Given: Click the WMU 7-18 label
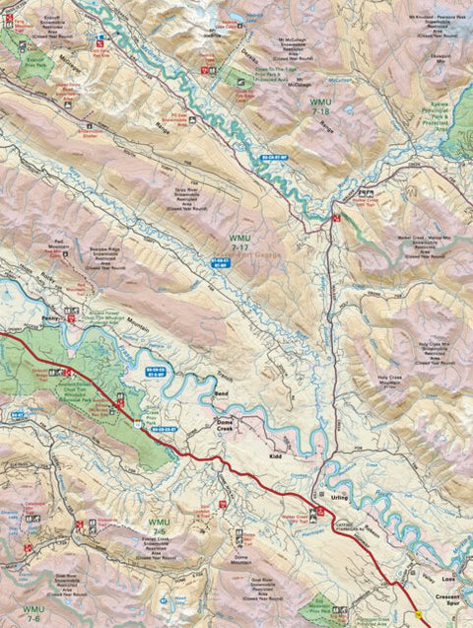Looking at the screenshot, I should click(321, 107).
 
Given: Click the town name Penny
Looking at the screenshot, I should click(54, 319).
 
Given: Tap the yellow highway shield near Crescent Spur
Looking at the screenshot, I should click(421, 613).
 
